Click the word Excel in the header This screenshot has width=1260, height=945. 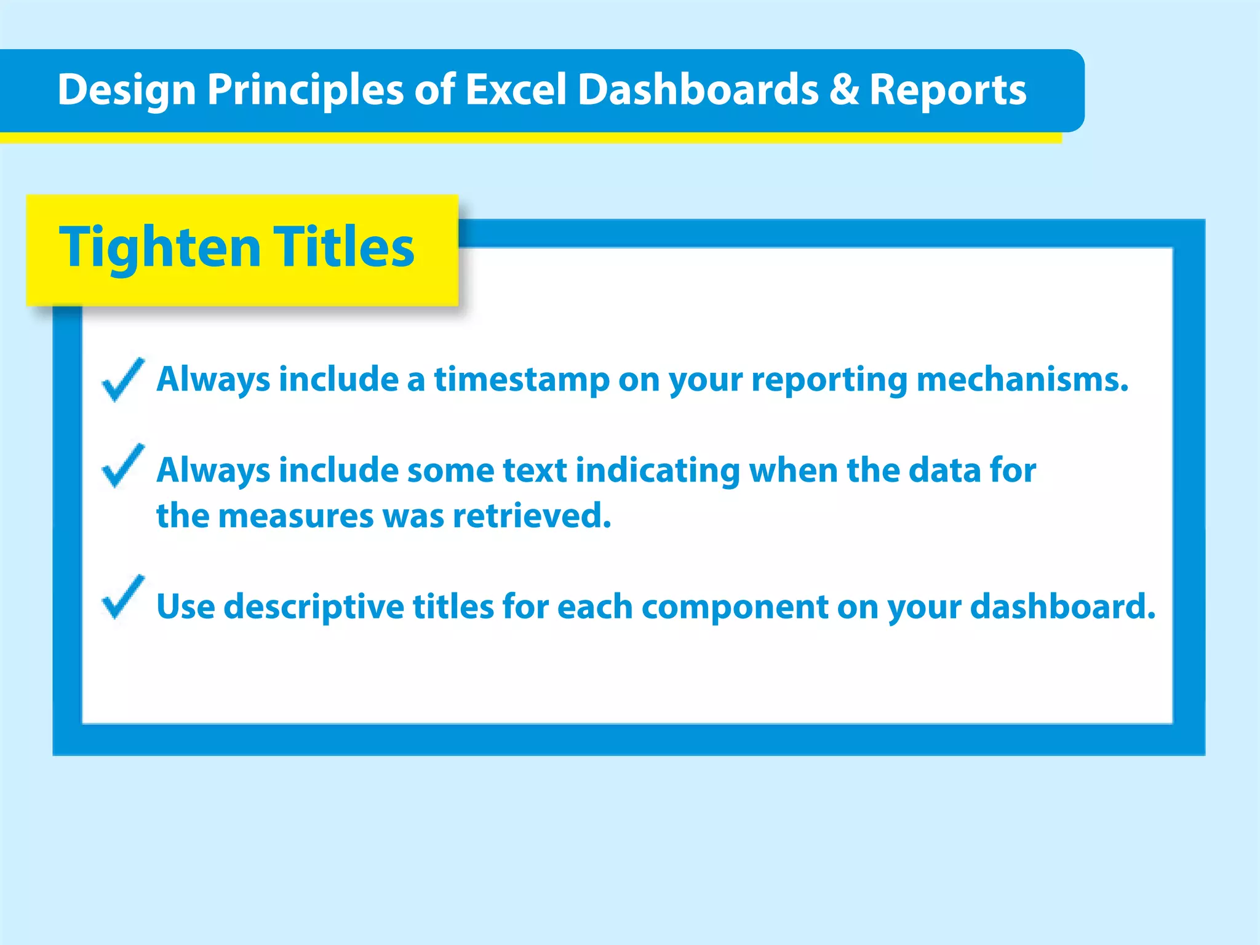pos(515,90)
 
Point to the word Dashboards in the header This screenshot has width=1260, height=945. pos(698,90)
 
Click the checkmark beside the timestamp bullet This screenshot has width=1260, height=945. pos(123,380)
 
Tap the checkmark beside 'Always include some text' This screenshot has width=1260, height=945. pos(123,466)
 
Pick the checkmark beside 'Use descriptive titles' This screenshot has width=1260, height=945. pos(123,597)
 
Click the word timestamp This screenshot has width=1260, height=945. pos(522,380)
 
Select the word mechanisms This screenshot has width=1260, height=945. pos(1022,380)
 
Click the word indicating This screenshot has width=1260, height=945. pos(657,471)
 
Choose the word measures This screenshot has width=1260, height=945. pos(296,516)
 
